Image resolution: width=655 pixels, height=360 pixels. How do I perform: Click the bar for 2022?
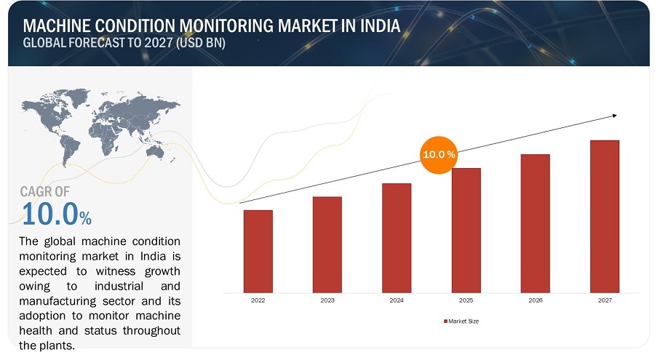click(258, 251)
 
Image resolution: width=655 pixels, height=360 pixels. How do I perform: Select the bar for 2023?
click(327, 244)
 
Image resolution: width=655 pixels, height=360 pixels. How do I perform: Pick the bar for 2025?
click(466, 230)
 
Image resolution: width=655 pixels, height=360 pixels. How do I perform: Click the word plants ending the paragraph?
click(58, 345)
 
